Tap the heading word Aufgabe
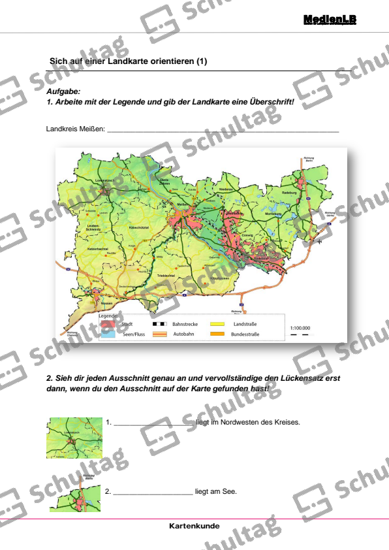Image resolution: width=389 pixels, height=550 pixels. click(63, 92)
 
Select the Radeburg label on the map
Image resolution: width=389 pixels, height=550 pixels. click(289, 193)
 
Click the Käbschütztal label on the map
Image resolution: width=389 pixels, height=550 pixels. click(141, 227)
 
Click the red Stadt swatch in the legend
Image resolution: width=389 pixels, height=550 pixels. click(107, 324)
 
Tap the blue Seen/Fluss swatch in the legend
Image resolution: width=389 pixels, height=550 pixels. click(107, 334)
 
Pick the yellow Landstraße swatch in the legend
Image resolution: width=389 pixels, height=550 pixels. click(217, 324)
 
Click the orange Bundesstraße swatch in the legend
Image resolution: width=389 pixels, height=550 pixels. click(217, 334)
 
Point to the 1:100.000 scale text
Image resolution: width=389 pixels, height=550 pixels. click(300, 328)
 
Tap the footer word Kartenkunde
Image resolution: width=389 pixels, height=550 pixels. click(194, 526)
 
